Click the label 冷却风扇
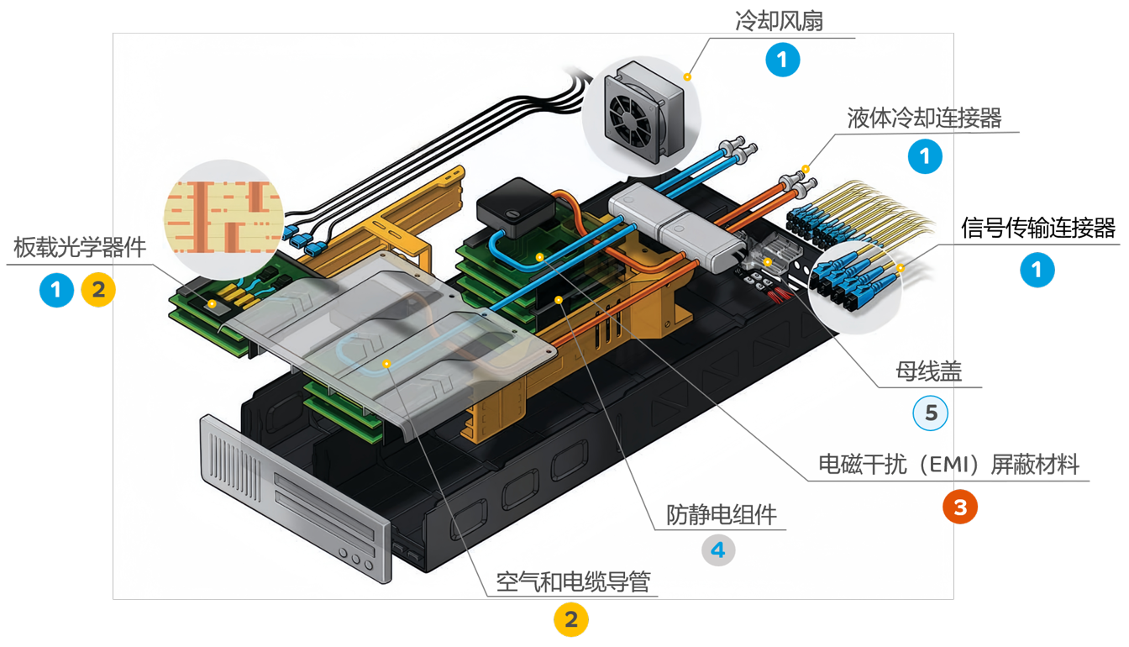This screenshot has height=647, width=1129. [x=779, y=21]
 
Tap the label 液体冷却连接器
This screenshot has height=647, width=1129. [x=924, y=118]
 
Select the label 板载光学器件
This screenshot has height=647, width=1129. [x=80, y=248]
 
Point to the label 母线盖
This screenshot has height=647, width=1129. [x=928, y=371]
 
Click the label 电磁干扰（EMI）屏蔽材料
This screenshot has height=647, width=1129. [x=948, y=465]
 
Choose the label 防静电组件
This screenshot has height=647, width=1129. [x=722, y=514]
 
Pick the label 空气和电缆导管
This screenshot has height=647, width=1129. [x=573, y=581]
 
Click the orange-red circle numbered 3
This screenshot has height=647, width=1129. [x=960, y=507]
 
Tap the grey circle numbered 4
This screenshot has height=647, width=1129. [x=718, y=550]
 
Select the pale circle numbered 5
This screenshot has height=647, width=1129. [x=930, y=413]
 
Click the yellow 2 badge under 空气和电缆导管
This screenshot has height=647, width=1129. [x=571, y=620]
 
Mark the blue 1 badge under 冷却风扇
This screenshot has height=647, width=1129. [x=782, y=60]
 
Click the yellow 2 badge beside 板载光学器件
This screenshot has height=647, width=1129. [x=98, y=291]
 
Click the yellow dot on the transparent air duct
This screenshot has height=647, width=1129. [x=386, y=363]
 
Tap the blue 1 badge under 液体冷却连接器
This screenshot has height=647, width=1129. [x=926, y=157]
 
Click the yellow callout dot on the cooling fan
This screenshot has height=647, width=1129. [x=687, y=76]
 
